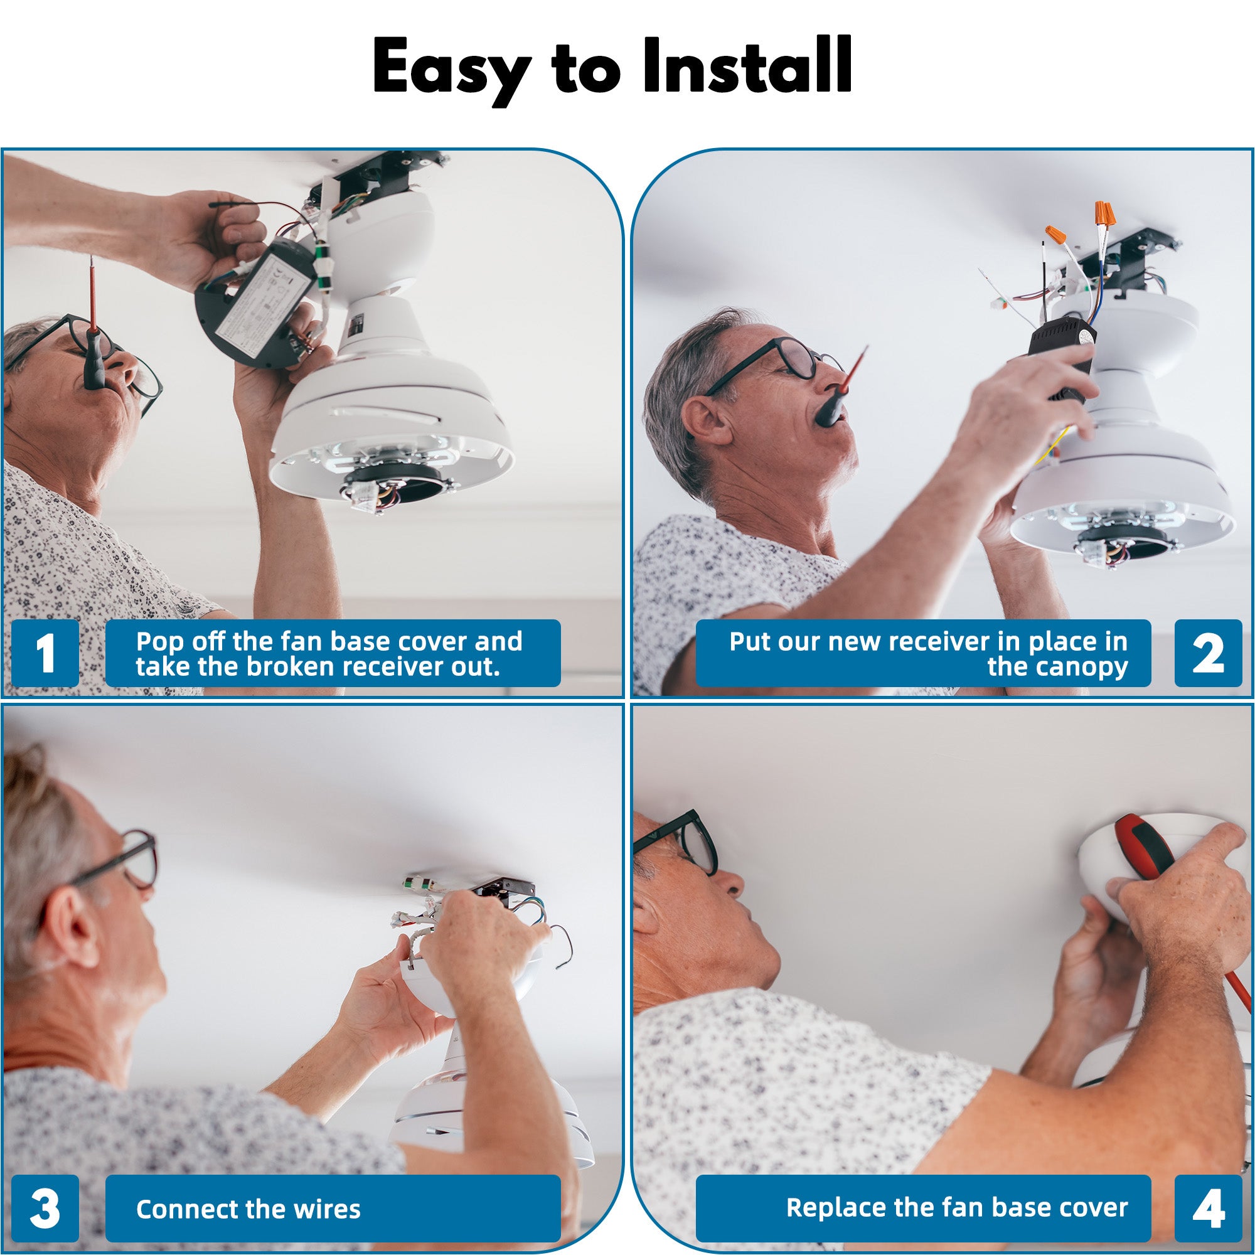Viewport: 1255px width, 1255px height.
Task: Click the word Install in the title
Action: tap(747, 67)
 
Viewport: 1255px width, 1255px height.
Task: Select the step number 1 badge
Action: tap(45, 653)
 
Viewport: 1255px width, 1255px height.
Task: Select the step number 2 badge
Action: tap(1207, 653)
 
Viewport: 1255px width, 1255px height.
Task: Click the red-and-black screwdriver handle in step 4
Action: tap(1146, 848)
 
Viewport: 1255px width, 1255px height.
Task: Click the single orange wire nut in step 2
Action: tap(1055, 233)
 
